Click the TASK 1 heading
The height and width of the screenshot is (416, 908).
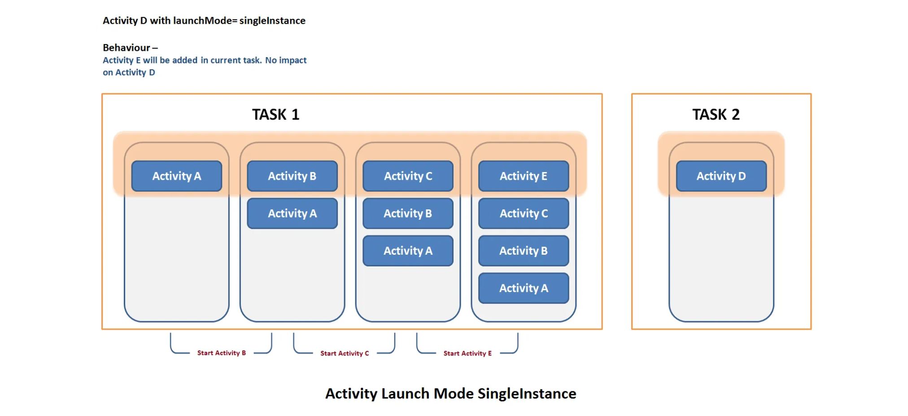pyautogui.click(x=275, y=115)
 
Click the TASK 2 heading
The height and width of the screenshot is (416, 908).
pyautogui.click(x=716, y=115)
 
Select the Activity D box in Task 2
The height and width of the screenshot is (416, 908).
pyautogui.click(x=721, y=176)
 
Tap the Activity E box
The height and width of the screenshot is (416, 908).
pyautogui.click(x=524, y=176)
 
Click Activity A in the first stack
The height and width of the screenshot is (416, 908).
pyautogui.click(x=177, y=176)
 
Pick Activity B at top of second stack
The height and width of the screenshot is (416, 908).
pyautogui.click(x=292, y=176)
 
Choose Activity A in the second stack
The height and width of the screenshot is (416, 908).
pyautogui.click(x=292, y=213)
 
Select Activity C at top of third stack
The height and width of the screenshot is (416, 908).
pyautogui.click(x=408, y=176)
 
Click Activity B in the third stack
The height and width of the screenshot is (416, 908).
pyautogui.click(x=408, y=213)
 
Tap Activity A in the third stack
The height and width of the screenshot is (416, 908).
pyautogui.click(x=408, y=251)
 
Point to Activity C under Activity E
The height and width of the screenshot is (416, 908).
pyautogui.click(x=524, y=213)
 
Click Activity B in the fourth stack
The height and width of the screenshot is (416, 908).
pyautogui.click(x=524, y=251)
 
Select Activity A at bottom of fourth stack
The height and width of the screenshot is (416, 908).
pyautogui.click(x=524, y=288)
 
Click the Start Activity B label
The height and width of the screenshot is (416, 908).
pyautogui.click(x=222, y=353)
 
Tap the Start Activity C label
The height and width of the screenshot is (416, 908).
pyautogui.click(x=345, y=354)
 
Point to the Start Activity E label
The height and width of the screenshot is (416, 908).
pyautogui.click(x=467, y=354)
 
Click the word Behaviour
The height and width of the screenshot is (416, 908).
pyautogui.click(x=127, y=48)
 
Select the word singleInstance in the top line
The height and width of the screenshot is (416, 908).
pyautogui.click(x=272, y=21)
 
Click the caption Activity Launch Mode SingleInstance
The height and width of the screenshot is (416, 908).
pyautogui.click(x=451, y=394)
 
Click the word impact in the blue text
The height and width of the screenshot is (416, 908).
pyautogui.click(x=292, y=60)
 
